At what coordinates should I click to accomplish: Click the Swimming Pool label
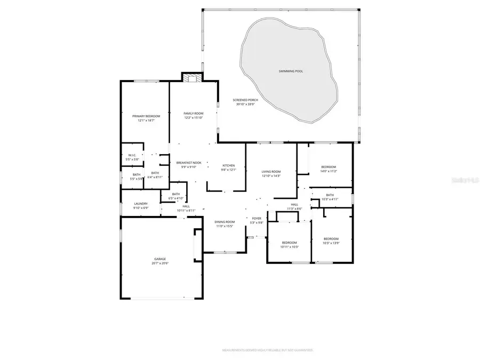tap(291, 71)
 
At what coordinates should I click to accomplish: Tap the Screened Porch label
tap(245, 102)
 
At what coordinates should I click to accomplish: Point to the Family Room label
tap(194, 115)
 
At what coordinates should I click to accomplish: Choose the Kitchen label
tap(228, 167)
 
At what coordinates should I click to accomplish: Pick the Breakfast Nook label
tap(189, 164)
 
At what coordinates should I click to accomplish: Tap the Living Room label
tap(271, 173)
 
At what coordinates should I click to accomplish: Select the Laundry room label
tap(141, 205)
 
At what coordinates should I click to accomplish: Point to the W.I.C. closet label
tap(132, 157)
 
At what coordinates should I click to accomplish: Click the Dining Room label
tap(225, 223)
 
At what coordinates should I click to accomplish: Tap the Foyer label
tap(257, 220)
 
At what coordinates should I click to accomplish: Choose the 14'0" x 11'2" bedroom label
tap(328, 169)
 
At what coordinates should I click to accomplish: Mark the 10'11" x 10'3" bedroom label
tap(290, 244)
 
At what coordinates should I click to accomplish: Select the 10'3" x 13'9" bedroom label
tap(331, 241)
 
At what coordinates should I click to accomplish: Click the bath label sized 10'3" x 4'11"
tap(330, 197)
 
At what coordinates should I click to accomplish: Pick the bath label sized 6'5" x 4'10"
tap(176, 196)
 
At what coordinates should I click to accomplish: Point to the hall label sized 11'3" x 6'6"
tap(294, 206)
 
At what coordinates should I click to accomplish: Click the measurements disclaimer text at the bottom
tap(268, 350)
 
